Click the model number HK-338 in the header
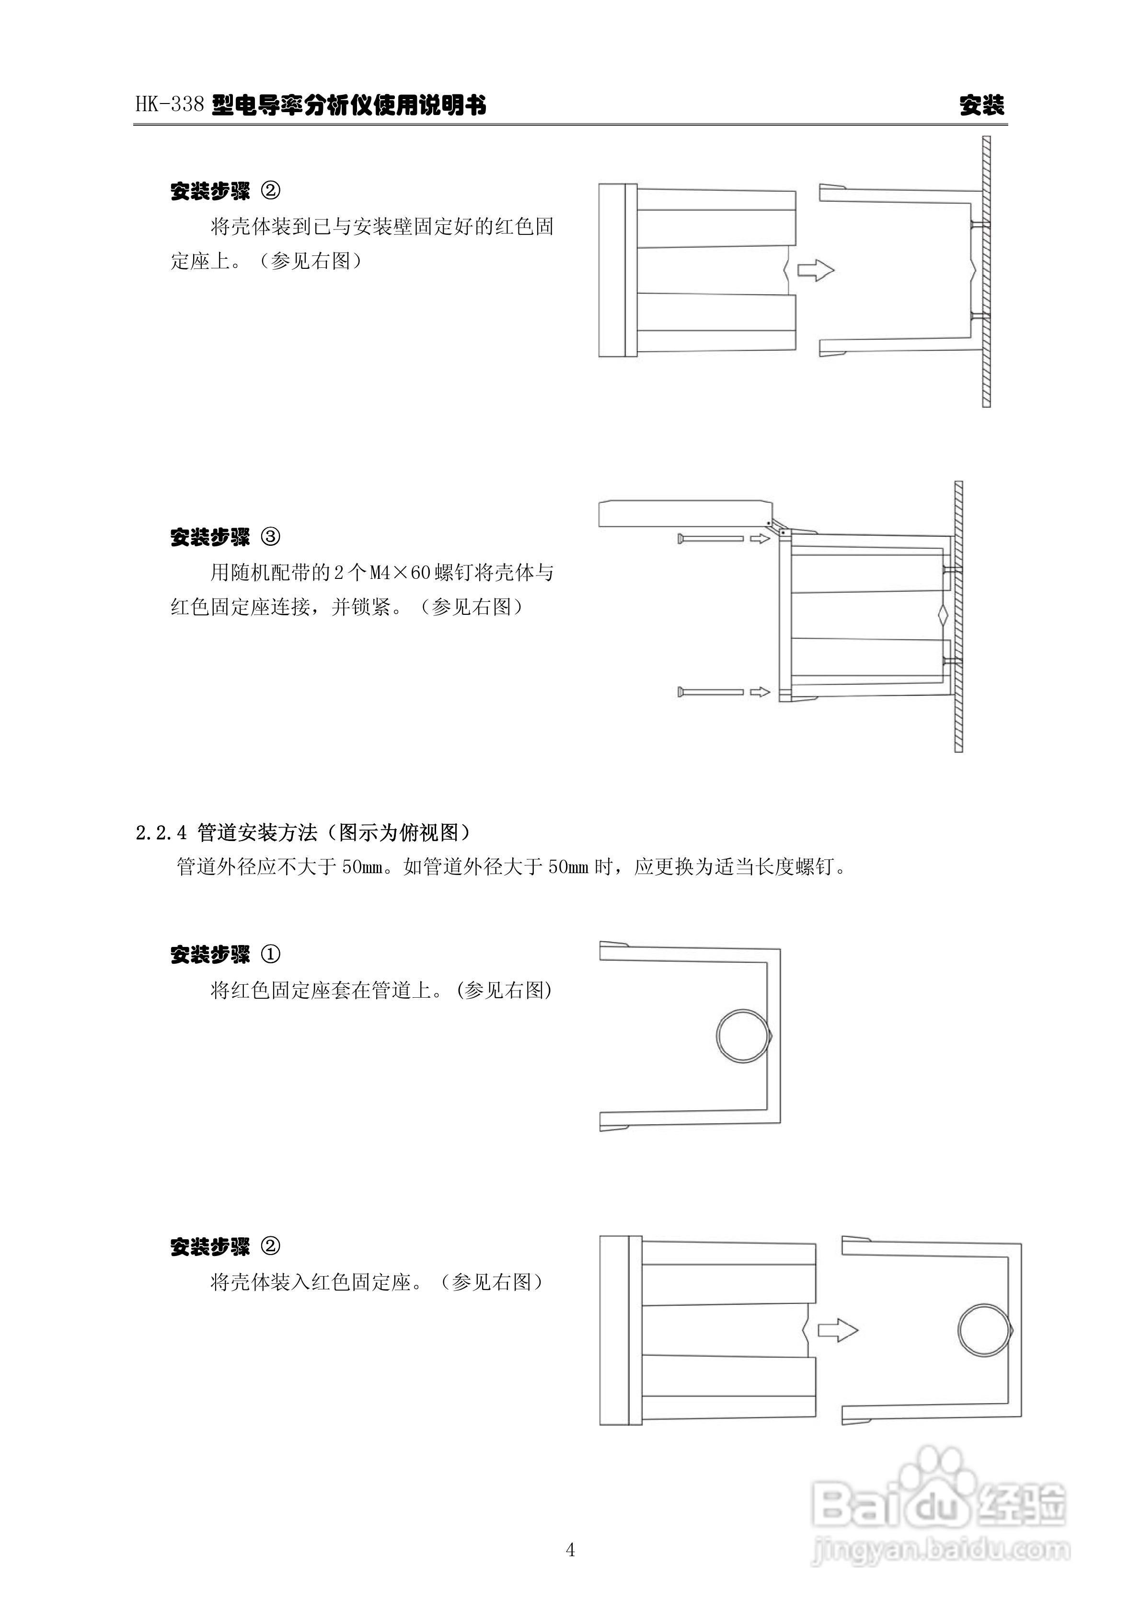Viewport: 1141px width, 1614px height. click(170, 105)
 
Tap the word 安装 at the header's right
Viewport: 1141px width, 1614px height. click(982, 105)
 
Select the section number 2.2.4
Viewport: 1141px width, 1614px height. click(161, 833)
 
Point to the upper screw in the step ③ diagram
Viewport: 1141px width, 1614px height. click(710, 539)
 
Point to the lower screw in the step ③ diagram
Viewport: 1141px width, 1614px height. click(710, 692)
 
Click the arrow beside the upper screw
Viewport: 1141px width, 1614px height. click(760, 539)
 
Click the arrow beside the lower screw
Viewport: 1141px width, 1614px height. click(760, 692)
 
